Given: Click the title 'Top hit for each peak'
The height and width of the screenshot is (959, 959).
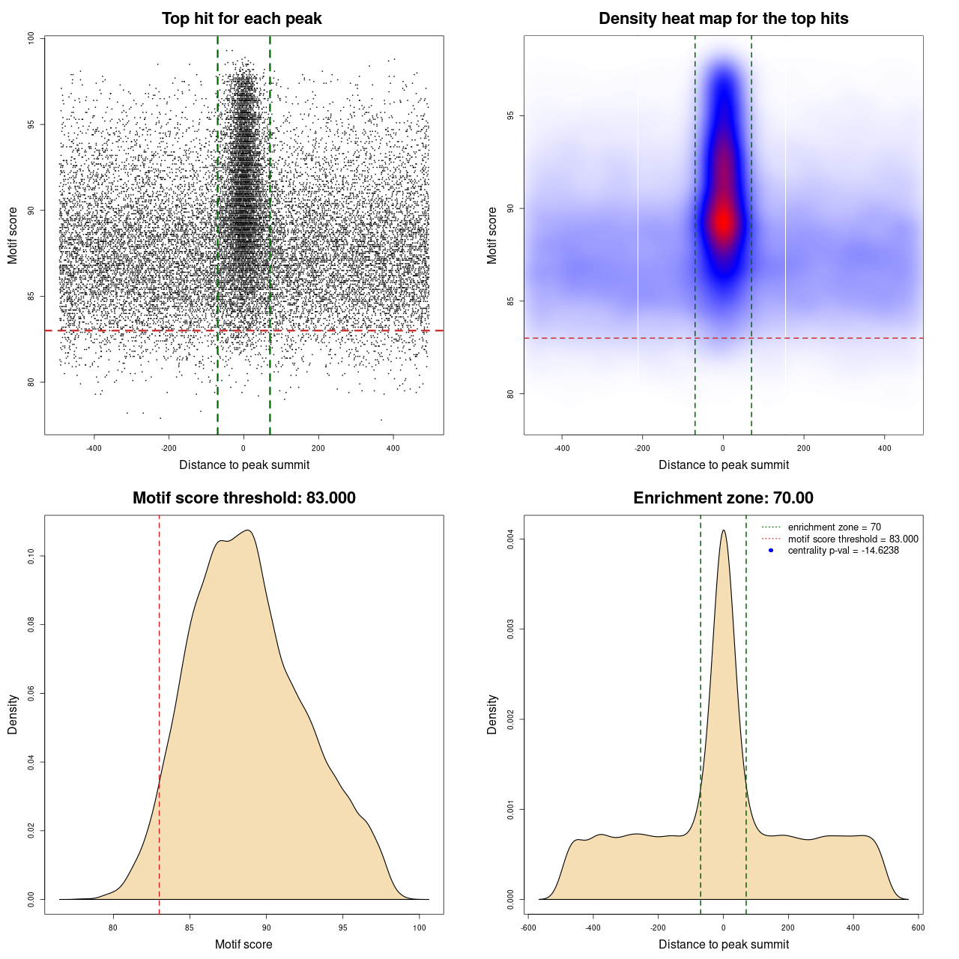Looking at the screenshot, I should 241,19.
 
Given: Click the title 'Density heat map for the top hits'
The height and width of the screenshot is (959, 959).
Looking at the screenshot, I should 723,19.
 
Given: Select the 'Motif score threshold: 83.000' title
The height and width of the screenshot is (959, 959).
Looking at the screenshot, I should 243,498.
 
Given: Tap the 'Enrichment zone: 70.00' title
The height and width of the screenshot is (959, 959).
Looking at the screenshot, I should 723,498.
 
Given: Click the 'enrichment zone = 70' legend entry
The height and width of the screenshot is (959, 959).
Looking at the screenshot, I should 834,527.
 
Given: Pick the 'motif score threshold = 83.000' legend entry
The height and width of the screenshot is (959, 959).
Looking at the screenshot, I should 853,539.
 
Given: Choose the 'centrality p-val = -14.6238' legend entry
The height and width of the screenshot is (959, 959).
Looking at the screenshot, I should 843,551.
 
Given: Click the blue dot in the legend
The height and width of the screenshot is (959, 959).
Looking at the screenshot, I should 771,551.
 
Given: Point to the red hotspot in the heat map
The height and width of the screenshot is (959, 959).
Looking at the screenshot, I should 723,221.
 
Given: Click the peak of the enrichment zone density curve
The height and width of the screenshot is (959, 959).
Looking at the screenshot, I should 723,531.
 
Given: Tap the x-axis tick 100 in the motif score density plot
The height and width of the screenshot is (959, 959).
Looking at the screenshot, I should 420,928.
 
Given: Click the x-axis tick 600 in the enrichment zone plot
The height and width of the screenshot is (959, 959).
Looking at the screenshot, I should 918,928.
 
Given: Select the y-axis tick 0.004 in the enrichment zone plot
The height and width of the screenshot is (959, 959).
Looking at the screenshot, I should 510,539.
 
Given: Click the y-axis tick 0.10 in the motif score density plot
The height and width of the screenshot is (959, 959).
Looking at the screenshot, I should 31,556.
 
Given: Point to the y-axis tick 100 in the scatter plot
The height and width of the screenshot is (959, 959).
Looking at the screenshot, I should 31,38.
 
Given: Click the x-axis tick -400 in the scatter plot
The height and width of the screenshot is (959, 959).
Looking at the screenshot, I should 94,448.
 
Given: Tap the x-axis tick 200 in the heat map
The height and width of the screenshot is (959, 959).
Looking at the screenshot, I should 803,448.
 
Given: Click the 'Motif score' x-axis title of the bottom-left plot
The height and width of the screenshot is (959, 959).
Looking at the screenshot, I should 243,944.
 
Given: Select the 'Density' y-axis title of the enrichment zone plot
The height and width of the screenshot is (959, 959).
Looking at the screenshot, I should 492,714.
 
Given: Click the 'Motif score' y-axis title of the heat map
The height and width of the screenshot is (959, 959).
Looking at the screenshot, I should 492,235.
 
